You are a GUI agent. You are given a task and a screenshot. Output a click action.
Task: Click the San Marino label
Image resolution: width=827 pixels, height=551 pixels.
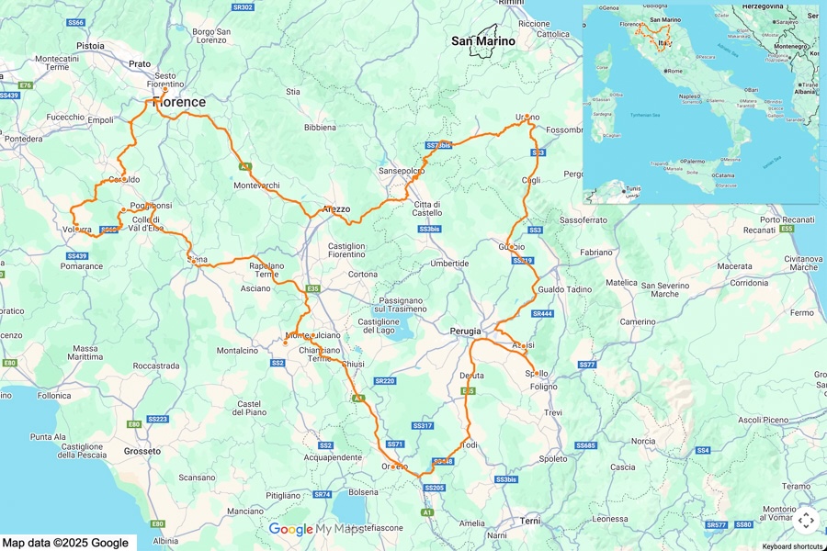coord(482,40)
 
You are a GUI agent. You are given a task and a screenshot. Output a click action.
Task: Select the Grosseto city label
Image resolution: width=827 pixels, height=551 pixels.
coord(142,451)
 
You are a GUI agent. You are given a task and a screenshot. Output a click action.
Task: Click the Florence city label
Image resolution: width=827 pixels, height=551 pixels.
coord(178,102)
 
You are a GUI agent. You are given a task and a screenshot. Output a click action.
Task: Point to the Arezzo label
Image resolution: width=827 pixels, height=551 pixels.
coord(336,209)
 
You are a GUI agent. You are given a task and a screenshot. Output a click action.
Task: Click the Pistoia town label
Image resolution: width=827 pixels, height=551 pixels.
coord(90,44)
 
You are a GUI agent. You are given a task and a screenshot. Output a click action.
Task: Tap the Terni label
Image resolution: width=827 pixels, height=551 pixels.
coord(530,521)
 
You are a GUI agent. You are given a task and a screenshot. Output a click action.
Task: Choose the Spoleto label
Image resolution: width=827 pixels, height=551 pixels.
coord(553,458)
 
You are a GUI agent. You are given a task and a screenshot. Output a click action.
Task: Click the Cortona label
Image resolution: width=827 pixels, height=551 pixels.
coord(362,275)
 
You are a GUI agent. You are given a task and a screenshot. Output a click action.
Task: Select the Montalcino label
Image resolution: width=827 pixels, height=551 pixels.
coord(237,351)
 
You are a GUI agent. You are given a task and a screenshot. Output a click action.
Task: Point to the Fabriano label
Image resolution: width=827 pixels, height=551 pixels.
coord(596,252)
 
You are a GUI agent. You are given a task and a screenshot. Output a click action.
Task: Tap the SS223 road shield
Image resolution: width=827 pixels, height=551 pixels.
coord(158,419)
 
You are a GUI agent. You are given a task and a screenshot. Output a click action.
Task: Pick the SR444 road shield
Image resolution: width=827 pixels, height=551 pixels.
coord(542,314)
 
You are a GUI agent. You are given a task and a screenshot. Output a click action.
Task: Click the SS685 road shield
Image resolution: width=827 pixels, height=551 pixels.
coord(585,445)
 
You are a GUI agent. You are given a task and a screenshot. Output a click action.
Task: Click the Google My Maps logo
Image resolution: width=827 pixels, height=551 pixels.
coord(317,529)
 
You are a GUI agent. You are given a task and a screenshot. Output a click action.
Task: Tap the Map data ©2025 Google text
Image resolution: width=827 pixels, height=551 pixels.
coord(65,543)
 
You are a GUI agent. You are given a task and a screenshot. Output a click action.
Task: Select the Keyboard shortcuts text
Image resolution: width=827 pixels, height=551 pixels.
coord(792,546)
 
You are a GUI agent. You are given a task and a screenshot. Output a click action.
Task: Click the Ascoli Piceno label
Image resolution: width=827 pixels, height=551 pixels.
coord(763,420)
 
